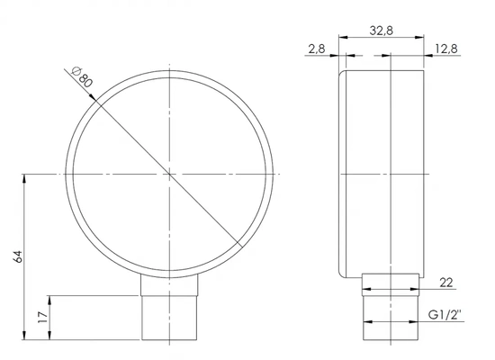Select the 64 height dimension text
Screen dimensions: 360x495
(x=18, y=256)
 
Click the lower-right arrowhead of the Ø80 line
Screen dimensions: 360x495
(x=238, y=241)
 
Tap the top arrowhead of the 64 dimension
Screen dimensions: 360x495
(x=25, y=177)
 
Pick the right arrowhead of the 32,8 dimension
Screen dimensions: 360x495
(x=422, y=39)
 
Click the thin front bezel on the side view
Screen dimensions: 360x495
(x=341, y=171)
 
